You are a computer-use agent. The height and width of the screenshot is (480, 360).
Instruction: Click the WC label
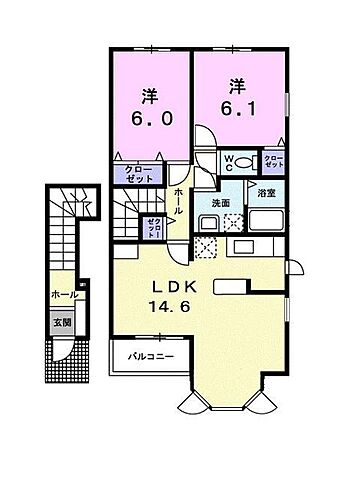[x=229, y=159]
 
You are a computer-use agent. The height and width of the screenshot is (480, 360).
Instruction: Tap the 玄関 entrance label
[x=63, y=323]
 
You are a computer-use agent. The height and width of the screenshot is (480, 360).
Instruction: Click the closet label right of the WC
[x=273, y=160]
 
